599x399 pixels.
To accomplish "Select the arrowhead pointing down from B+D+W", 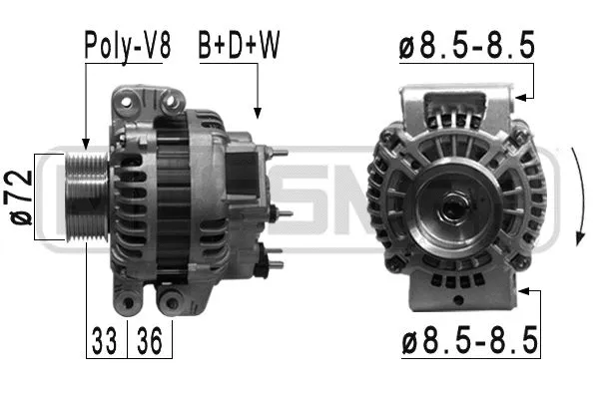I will coord(258,113).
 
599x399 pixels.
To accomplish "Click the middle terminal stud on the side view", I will coord(285,213).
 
